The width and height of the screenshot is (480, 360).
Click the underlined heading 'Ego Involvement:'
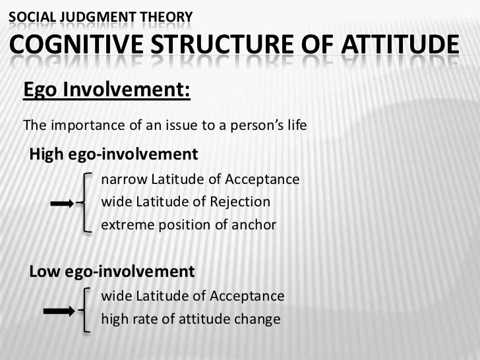(107, 89)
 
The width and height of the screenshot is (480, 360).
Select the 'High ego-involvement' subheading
(113, 155)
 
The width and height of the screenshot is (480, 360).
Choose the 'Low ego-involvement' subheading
(111, 272)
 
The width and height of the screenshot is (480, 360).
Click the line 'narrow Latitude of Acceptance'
(200, 180)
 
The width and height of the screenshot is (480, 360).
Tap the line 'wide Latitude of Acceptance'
(193, 297)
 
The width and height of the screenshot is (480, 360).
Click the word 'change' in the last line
(258, 320)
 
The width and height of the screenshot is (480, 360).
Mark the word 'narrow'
(123, 180)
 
